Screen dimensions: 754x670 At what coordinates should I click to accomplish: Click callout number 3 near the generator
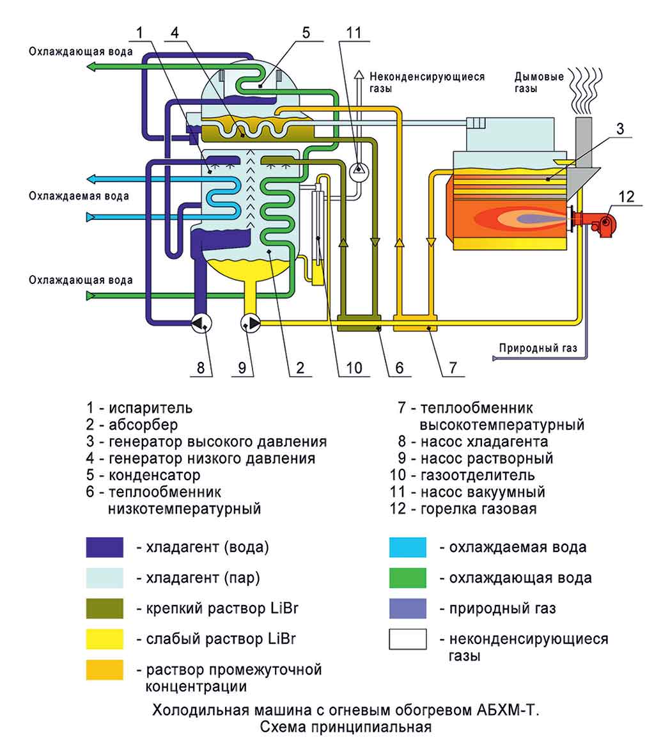619,128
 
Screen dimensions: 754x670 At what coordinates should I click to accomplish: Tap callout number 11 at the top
354,32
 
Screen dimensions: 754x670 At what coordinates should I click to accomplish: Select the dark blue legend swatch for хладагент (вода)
105,547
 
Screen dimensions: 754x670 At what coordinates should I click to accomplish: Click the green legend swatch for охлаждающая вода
407,577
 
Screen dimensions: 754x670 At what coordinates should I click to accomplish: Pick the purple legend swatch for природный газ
407,608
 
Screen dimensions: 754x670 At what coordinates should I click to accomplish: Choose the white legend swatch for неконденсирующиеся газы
407,639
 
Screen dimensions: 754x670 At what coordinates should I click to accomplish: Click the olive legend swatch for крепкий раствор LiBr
105,608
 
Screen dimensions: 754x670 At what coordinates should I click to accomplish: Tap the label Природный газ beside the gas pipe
538,349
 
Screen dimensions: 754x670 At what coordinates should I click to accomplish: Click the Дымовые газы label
539,82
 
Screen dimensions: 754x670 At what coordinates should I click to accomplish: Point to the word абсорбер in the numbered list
143,424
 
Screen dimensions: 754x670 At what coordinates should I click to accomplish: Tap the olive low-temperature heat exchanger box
359,328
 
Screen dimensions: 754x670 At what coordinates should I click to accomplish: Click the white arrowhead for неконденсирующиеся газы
359,75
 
